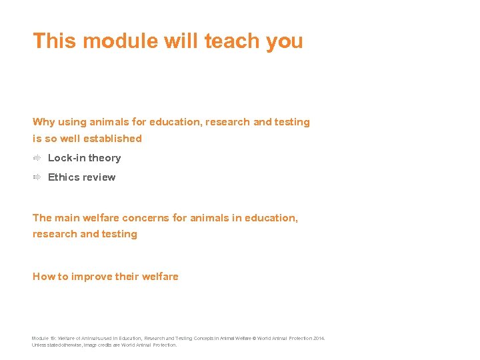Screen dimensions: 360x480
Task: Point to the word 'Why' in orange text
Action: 44,122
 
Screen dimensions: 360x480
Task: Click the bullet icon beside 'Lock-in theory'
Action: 38,158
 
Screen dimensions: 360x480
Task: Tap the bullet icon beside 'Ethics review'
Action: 38,177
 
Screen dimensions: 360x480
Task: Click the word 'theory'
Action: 105,158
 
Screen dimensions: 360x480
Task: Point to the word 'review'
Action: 99,177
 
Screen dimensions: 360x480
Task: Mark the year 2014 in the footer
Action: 318,339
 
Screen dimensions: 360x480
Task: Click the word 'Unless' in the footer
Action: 40,345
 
